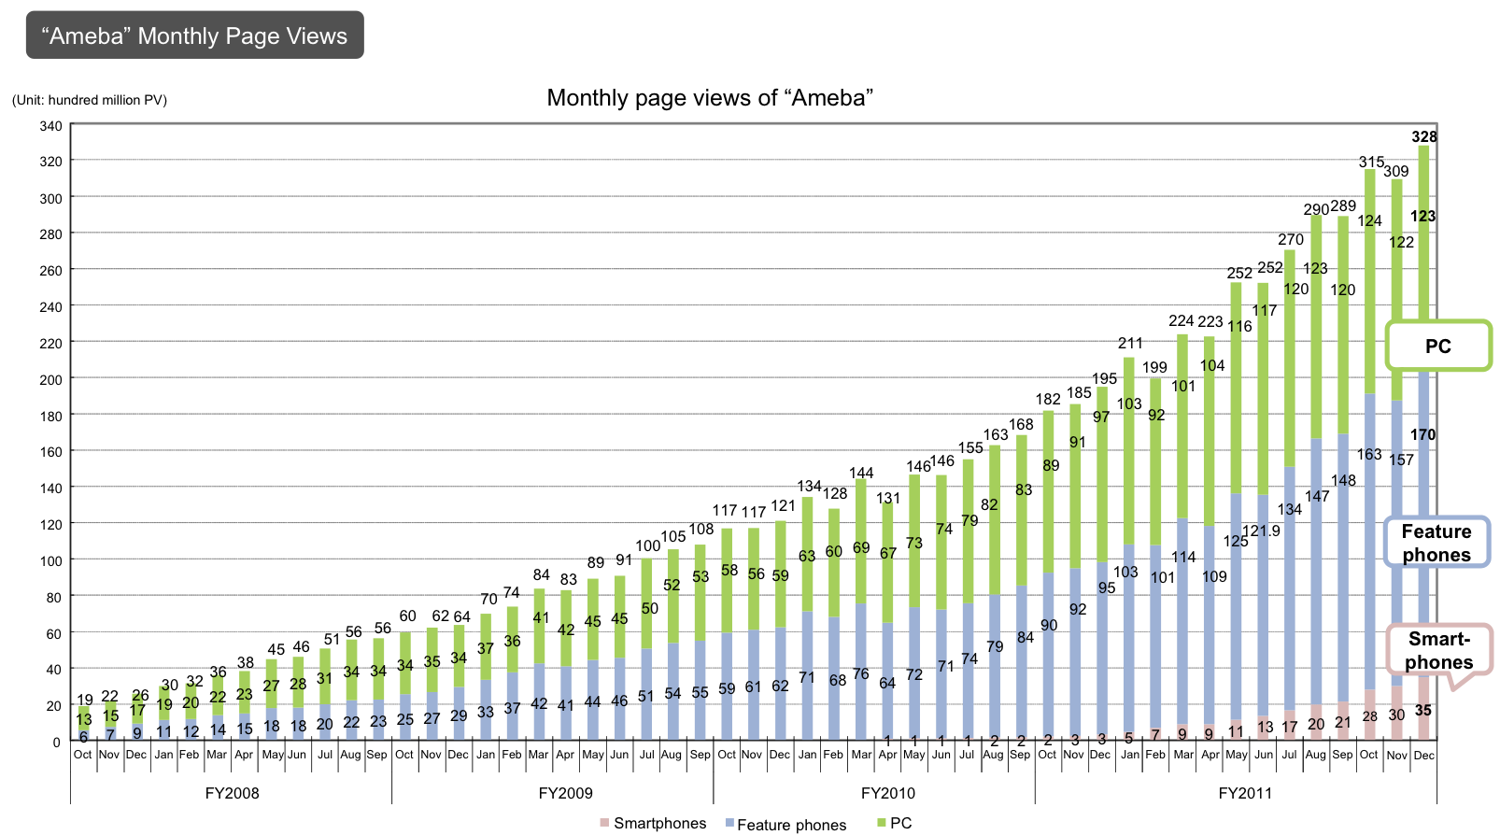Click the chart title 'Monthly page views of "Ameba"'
click(x=710, y=98)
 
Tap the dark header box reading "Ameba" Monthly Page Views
click(x=194, y=35)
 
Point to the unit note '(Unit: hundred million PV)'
click(x=90, y=100)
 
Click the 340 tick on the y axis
click(x=50, y=126)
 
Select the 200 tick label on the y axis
click(x=50, y=380)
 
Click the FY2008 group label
click(x=232, y=793)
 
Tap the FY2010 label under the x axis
click(x=887, y=793)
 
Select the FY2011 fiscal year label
click(x=1245, y=793)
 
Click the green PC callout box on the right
click(x=1437, y=347)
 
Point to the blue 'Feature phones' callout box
click(x=1436, y=543)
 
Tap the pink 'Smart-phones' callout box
click(x=1438, y=650)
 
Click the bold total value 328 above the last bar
click(x=1423, y=137)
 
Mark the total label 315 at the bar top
click(x=1370, y=163)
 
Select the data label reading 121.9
click(x=1261, y=531)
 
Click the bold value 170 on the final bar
click(x=1422, y=434)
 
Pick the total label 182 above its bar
click(x=1048, y=399)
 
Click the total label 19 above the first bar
click(x=85, y=700)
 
